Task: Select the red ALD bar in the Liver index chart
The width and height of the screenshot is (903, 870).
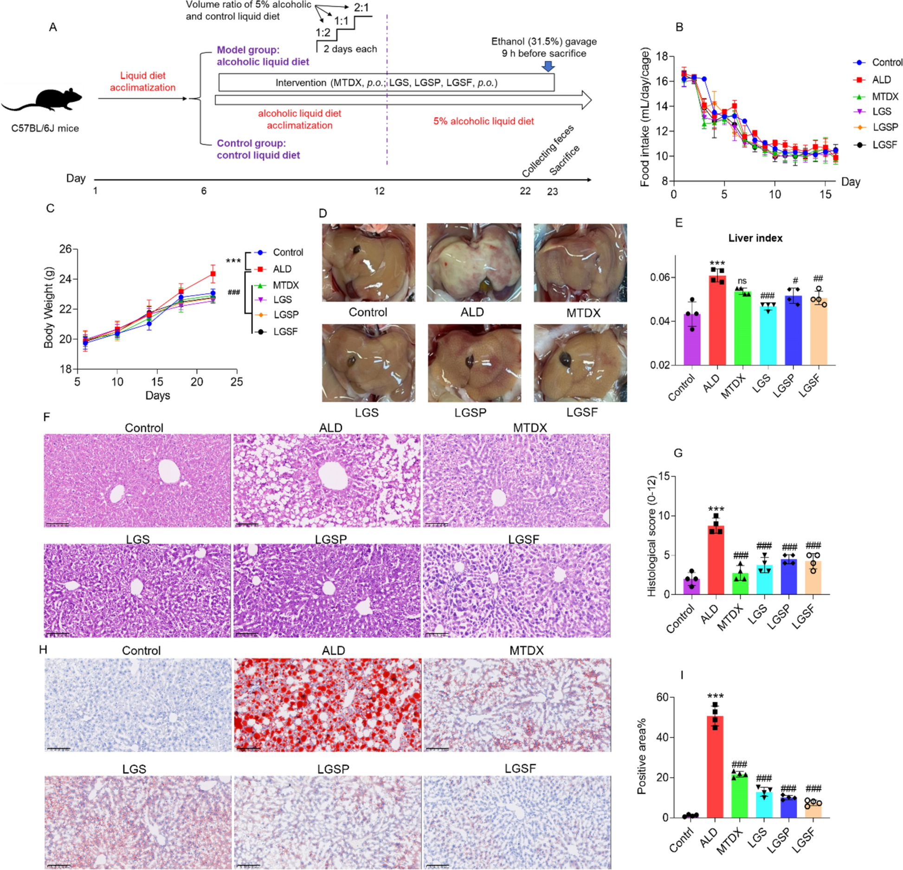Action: point(716,320)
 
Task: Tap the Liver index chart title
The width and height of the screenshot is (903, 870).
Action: point(755,238)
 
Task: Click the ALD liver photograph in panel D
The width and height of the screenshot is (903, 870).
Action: point(473,263)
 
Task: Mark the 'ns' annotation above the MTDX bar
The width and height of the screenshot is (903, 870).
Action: point(742,281)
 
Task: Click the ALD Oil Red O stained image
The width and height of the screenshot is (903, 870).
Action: point(327,704)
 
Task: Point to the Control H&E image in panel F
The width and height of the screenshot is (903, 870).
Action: point(137,480)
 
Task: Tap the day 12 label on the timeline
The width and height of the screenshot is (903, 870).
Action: point(380,191)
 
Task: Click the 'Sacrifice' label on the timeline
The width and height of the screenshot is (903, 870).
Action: point(564,160)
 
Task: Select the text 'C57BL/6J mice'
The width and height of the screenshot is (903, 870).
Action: point(45,129)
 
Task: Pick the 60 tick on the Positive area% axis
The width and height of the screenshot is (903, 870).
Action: point(662,697)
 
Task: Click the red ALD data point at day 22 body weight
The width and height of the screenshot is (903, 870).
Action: point(213,274)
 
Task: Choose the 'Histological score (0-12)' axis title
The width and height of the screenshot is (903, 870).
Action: point(651,535)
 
